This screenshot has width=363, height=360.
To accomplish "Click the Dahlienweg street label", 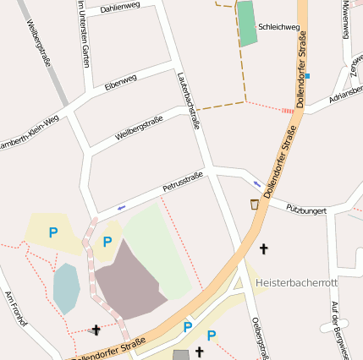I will pos(119,7).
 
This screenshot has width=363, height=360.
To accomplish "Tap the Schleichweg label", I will pos(279,27).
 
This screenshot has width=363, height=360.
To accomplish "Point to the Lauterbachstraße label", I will pos(189,99).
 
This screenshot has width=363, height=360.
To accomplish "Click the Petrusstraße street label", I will pos(184,183).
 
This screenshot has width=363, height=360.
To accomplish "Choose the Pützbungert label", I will pos(305,208).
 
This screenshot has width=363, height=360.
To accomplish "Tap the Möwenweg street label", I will pos(345,19).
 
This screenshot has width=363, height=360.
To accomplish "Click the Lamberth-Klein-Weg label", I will pos(30,131).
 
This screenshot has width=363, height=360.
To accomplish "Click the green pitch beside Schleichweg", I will pos(247,24).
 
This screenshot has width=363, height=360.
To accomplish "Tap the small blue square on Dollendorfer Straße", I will pos(307,77).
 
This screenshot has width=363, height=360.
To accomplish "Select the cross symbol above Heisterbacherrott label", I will pos(263,249).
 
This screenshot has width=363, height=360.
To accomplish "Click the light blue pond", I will pos(66,287).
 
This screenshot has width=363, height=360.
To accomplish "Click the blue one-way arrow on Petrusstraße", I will pos(122,206).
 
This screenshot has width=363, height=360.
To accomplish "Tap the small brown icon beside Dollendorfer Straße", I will pos(255,204).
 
